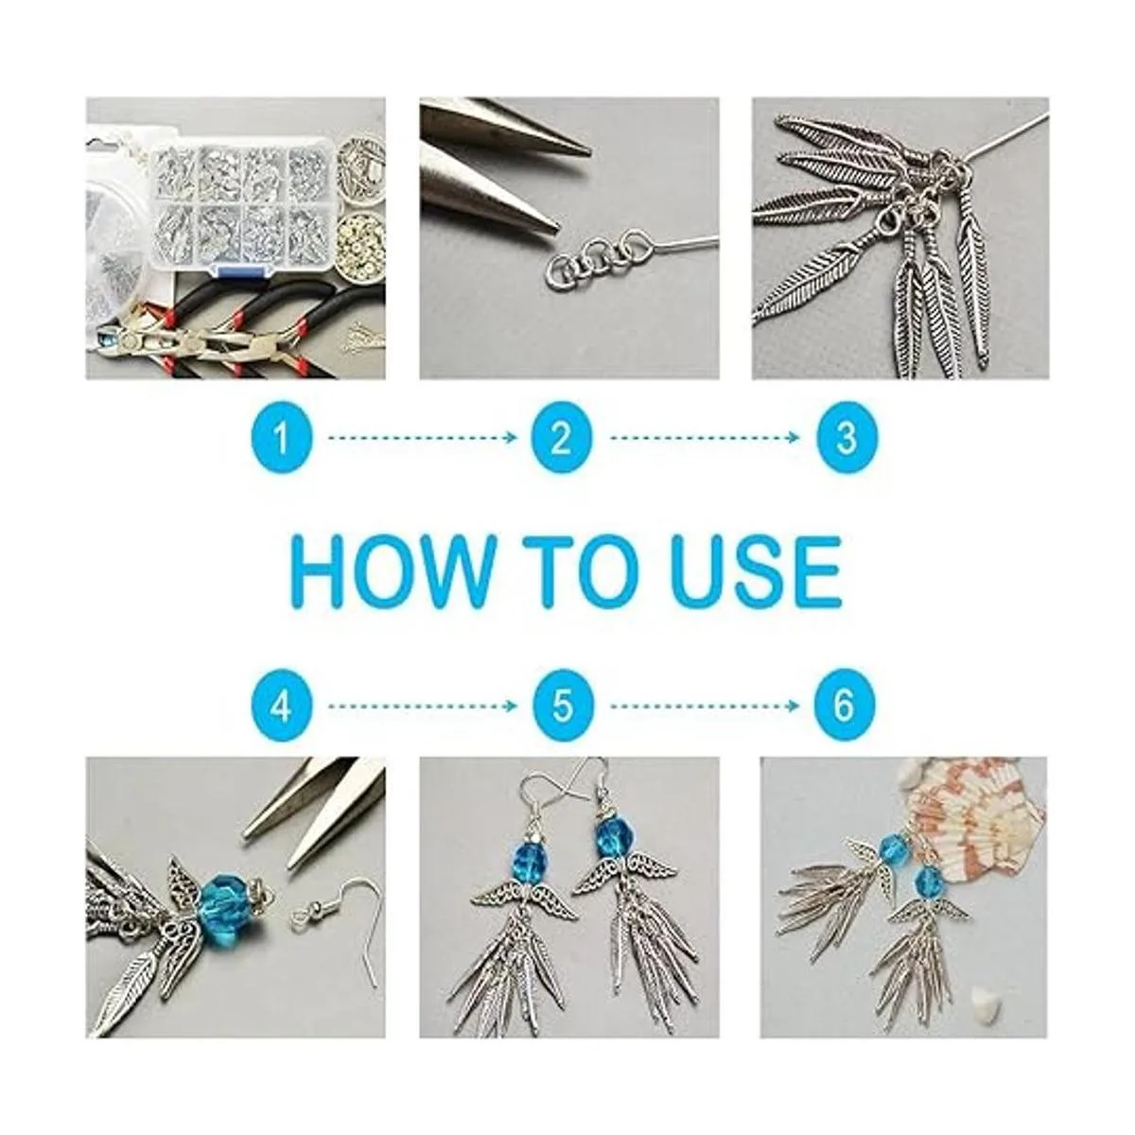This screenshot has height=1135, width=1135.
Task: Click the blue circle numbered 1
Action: tap(282, 438)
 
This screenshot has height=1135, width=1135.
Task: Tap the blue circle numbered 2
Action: tap(562, 438)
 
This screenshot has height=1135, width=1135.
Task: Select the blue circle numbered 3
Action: tap(846, 438)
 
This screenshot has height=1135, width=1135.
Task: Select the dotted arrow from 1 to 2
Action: tap(422, 438)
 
